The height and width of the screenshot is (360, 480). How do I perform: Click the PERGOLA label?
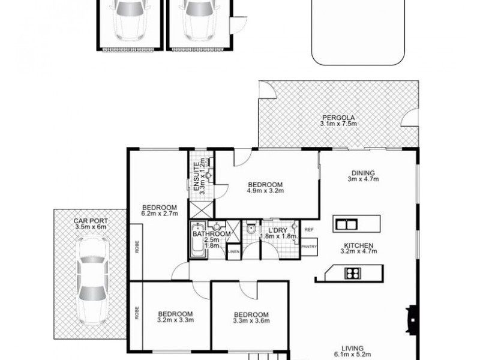(x=338, y=117)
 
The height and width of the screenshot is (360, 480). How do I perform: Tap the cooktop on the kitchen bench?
(x=352, y=273)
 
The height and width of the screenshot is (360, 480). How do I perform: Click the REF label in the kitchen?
(x=310, y=230)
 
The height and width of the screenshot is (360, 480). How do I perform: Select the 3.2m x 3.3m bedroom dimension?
(x=175, y=320)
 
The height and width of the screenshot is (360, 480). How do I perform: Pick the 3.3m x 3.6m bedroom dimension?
(x=251, y=322)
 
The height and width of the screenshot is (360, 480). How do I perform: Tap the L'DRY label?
(x=278, y=230)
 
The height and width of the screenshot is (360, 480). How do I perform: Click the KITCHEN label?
(x=359, y=245)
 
